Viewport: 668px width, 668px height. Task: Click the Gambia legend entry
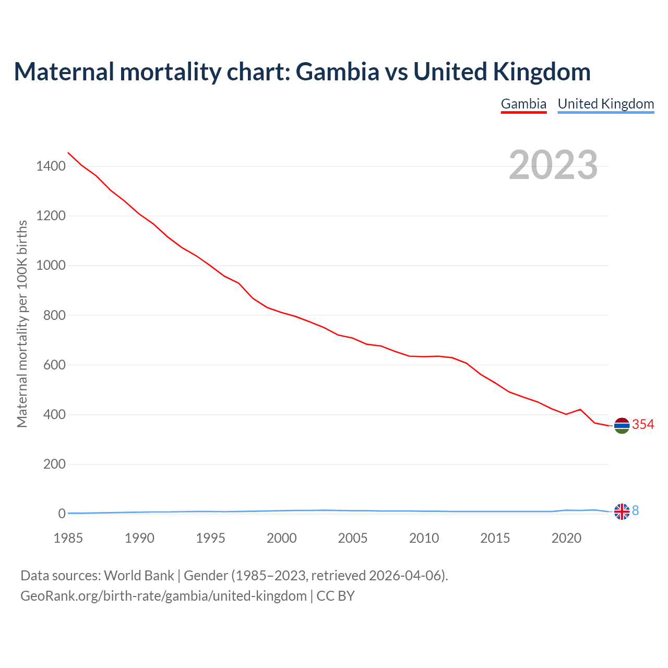(523, 104)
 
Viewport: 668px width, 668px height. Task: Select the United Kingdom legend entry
(605, 104)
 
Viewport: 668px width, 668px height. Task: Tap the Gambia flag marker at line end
(622, 426)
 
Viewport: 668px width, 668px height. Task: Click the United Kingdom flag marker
(622, 511)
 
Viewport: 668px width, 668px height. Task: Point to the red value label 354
(643, 425)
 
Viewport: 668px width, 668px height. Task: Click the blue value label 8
(635, 511)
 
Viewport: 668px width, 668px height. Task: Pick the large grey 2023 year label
(553, 165)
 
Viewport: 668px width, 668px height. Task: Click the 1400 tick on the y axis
(51, 166)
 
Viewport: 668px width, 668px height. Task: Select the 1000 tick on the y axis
(51, 266)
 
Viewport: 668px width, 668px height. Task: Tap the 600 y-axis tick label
(54, 365)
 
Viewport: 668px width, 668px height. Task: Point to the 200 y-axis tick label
(54, 464)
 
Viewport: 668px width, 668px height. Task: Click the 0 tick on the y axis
(62, 514)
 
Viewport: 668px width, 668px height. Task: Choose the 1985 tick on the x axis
(68, 538)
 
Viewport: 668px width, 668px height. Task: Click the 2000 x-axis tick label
(282, 538)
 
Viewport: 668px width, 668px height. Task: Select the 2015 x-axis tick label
(495, 538)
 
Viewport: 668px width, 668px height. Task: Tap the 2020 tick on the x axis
(566, 538)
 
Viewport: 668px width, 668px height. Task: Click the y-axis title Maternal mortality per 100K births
(22, 324)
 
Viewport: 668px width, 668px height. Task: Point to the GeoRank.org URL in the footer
(163, 596)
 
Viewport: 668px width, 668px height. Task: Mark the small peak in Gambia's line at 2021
(580, 410)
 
